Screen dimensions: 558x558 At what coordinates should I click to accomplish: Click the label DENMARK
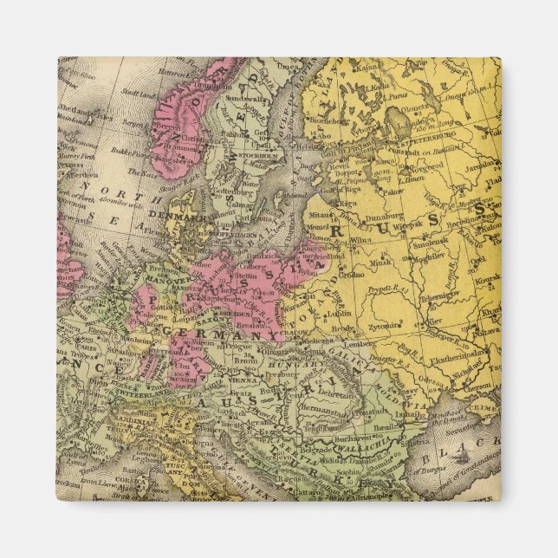point(170,211)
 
